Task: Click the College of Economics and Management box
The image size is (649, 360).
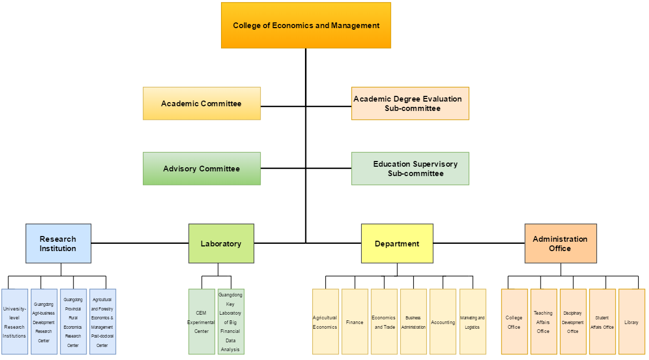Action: [x=306, y=26]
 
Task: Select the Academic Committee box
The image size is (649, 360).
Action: [x=202, y=104]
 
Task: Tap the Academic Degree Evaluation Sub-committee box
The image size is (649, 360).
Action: [x=410, y=104]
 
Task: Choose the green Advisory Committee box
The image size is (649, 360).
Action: [x=202, y=169]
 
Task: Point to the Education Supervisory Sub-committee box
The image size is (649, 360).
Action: [x=410, y=169]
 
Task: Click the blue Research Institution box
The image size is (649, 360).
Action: [x=58, y=243]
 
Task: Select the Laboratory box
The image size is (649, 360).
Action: [x=221, y=243]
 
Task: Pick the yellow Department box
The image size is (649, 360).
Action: [x=397, y=243]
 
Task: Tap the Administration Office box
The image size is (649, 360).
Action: [x=560, y=243]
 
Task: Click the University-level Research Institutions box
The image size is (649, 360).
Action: [x=15, y=322]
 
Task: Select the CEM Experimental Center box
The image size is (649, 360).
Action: [x=202, y=322]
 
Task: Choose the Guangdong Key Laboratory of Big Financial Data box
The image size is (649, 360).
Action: [x=231, y=322]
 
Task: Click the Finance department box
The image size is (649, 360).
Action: [x=355, y=322]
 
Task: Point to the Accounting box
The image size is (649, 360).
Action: [x=443, y=322]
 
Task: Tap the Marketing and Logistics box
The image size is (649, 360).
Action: [x=473, y=322]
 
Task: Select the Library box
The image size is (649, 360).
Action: [x=631, y=322]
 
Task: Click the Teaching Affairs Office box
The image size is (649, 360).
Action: [x=544, y=322]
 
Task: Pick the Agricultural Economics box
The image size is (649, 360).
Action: [x=325, y=322]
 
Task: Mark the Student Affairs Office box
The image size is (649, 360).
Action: [x=602, y=322]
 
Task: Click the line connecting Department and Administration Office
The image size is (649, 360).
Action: [x=479, y=243]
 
